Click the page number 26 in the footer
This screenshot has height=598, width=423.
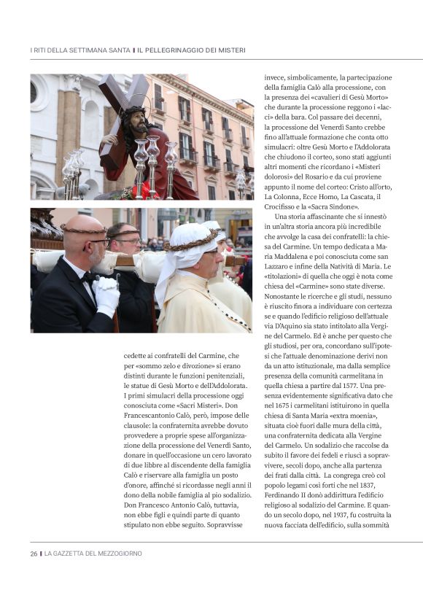34,554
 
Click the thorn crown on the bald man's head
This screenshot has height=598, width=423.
84,229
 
